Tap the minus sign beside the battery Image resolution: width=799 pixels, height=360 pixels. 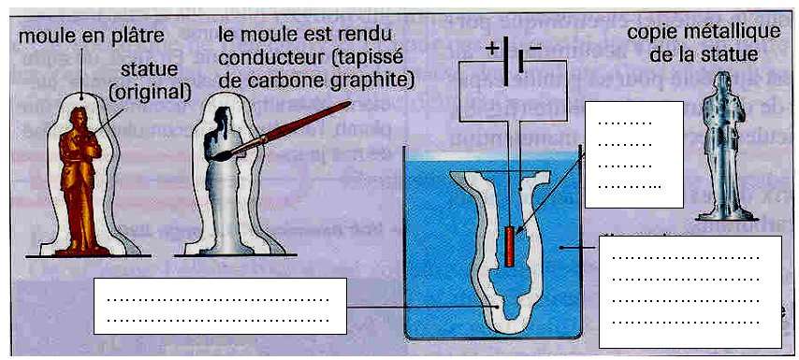click(x=535, y=48)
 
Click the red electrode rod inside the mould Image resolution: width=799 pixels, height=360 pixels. click(x=510, y=245)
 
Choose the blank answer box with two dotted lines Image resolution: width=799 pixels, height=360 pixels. click(x=220, y=306)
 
